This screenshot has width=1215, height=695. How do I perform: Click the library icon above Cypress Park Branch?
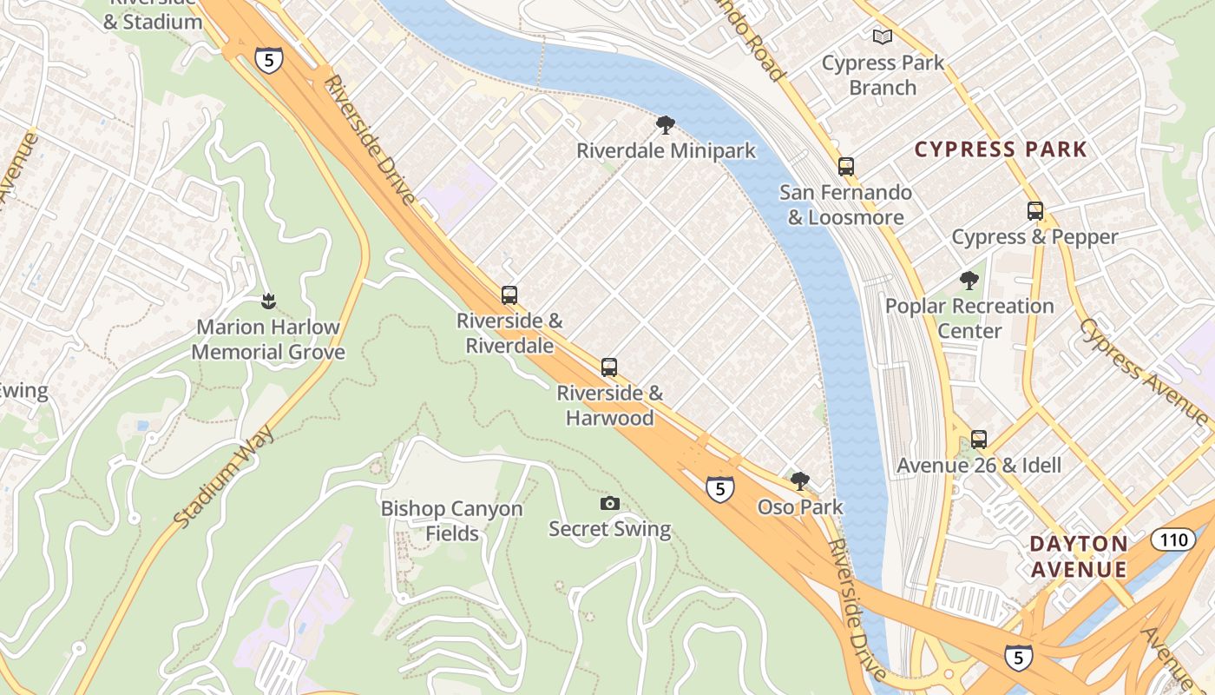click(882, 36)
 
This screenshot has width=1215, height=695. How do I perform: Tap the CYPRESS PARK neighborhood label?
click(1001, 149)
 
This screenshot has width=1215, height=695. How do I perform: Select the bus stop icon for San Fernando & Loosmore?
click(845, 166)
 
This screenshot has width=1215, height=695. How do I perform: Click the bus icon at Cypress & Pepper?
click(1034, 211)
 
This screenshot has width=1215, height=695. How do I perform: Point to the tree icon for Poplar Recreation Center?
click(969, 281)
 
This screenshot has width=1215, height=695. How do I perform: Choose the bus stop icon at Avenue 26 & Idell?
click(978, 440)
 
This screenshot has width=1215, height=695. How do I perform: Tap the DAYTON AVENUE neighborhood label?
click(1078, 557)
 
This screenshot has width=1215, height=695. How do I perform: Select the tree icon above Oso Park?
click(799, 480)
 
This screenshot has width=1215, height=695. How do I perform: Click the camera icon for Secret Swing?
click(609, 504)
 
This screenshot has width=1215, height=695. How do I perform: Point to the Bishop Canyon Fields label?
click(451, 520)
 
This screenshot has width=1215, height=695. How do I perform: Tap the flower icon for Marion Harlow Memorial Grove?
click(267, 301)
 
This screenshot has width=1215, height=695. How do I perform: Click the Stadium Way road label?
click(224, 477)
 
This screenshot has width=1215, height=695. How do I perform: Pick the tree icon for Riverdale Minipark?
click(665, 125)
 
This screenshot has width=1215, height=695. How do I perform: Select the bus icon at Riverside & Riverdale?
click(509, 295)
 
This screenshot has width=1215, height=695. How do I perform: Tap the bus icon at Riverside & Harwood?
click(609, 367)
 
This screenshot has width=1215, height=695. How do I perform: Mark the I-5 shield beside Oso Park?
click(719, 489)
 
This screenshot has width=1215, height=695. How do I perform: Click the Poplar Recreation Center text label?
click(969, 318)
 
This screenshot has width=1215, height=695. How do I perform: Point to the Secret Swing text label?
click(609, 529)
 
